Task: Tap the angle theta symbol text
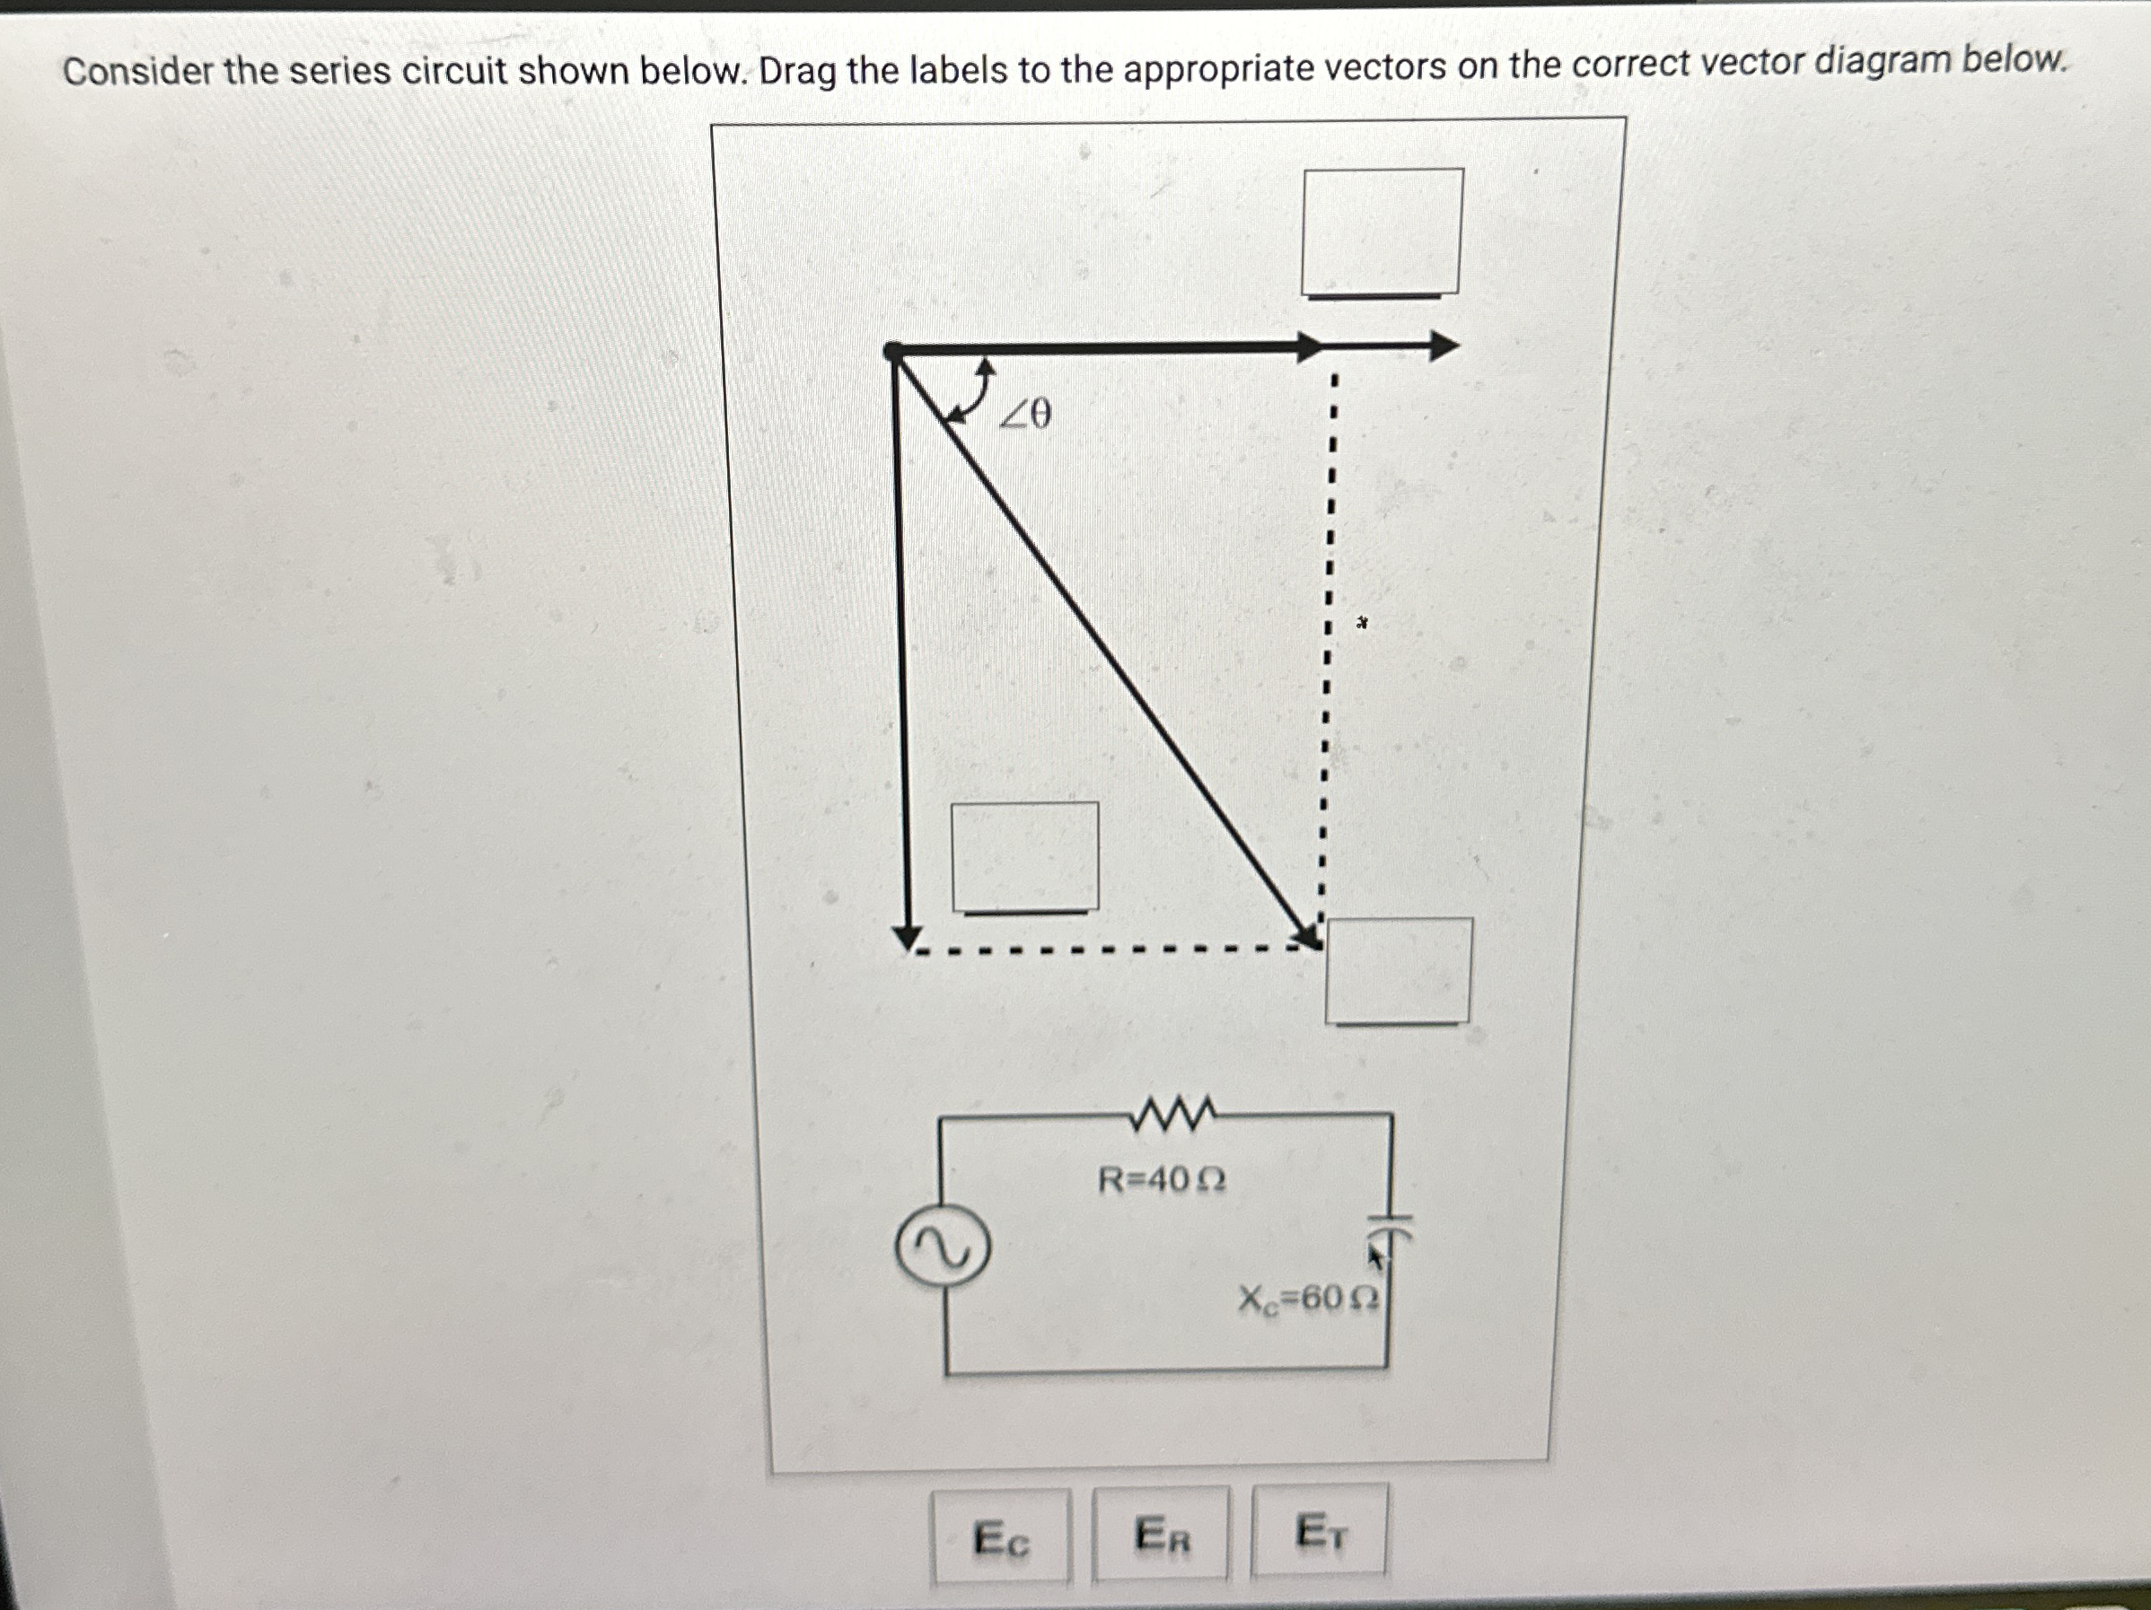point(1027,416)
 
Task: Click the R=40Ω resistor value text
point(1161,1180)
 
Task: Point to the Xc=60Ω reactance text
point(1308,1298)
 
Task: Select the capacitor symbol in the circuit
point(1391,1227)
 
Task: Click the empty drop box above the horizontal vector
point(1382,232)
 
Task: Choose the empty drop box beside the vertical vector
point(1025,856)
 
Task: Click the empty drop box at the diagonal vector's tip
point(1399,970)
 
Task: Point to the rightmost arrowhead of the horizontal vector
point(1443,346)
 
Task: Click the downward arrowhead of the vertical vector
point(908,937)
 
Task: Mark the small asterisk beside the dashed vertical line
point(1363,622)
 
